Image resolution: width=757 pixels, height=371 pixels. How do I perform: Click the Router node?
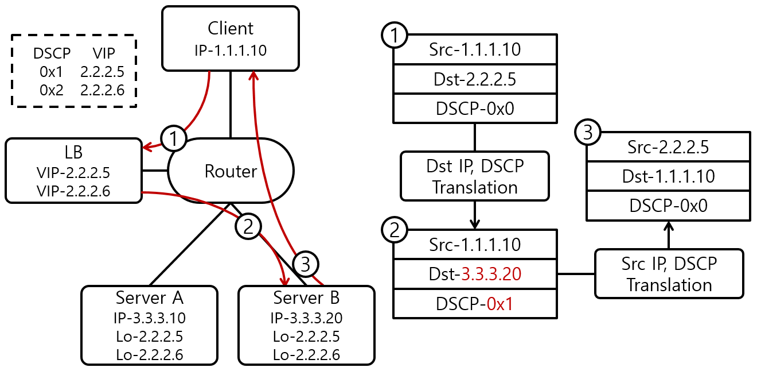click(231, 171)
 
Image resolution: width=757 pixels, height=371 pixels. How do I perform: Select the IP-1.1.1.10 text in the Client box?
click(230, 51)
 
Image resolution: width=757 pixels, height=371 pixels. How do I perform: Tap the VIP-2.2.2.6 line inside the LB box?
click(73, 190)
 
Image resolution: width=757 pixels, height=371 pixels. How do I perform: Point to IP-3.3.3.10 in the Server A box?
click(149, 318)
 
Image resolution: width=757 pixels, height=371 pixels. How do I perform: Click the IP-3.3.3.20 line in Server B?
click(306, 318)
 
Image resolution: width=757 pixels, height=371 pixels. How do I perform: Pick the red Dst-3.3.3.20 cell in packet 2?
click(475, 274)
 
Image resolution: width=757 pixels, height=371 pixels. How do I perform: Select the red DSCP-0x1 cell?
click(475, 303)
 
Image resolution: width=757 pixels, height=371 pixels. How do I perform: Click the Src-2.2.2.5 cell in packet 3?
click(668, 147)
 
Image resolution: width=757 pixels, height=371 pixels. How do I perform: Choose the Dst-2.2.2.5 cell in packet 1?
click(475, 79)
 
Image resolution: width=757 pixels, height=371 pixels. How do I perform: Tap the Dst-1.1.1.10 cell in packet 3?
click(668, 176)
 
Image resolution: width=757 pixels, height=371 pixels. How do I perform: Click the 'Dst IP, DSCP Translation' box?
click(475, 176)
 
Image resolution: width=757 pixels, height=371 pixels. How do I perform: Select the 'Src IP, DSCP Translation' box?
click(669, 274)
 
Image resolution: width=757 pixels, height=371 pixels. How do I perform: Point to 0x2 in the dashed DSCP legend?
click(52, 90)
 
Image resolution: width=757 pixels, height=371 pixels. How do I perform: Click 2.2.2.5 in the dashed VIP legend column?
click(103, 72)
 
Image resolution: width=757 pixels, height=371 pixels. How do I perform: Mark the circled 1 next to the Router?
click(173, 138)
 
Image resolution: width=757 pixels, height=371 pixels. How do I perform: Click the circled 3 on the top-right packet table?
click(587, 133)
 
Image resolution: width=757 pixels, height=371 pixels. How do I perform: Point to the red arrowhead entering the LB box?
click(147, 148)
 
